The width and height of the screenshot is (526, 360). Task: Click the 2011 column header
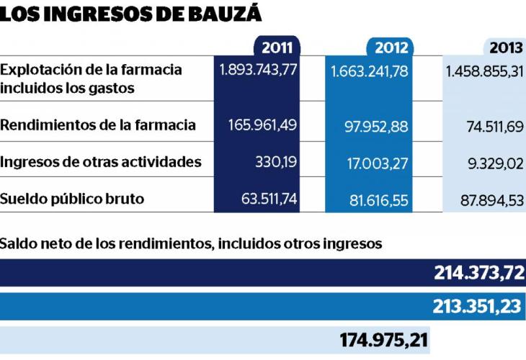(277, 48)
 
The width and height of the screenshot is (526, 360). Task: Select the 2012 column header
(391, 48)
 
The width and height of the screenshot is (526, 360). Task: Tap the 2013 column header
(506, 48)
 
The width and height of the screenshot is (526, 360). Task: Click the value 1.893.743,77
(257, 70)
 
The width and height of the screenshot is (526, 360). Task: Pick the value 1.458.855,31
(484, 71)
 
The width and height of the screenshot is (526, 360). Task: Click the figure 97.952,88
(377, 127)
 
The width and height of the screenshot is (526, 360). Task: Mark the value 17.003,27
(378, 163)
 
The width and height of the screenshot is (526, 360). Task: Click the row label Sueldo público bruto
(72, 199)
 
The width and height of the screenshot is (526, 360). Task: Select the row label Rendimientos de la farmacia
(98, 125)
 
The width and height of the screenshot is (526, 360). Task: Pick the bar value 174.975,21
(384, 338)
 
